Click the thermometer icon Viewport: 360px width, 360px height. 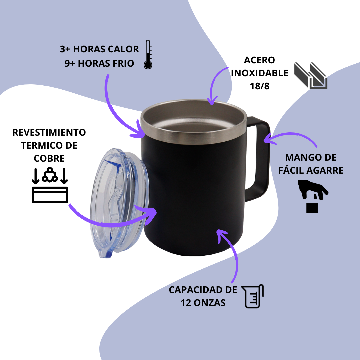point(148,55)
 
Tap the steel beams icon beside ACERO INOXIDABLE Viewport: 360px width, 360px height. point(311,76)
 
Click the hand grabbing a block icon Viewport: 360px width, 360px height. point(312,196)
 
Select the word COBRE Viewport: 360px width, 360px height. point(49,158)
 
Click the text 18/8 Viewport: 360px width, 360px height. point(259,86)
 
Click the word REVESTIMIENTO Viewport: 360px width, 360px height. point(49,132)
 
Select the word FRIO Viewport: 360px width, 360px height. point(123,63)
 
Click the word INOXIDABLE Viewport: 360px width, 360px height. point(259,73)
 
